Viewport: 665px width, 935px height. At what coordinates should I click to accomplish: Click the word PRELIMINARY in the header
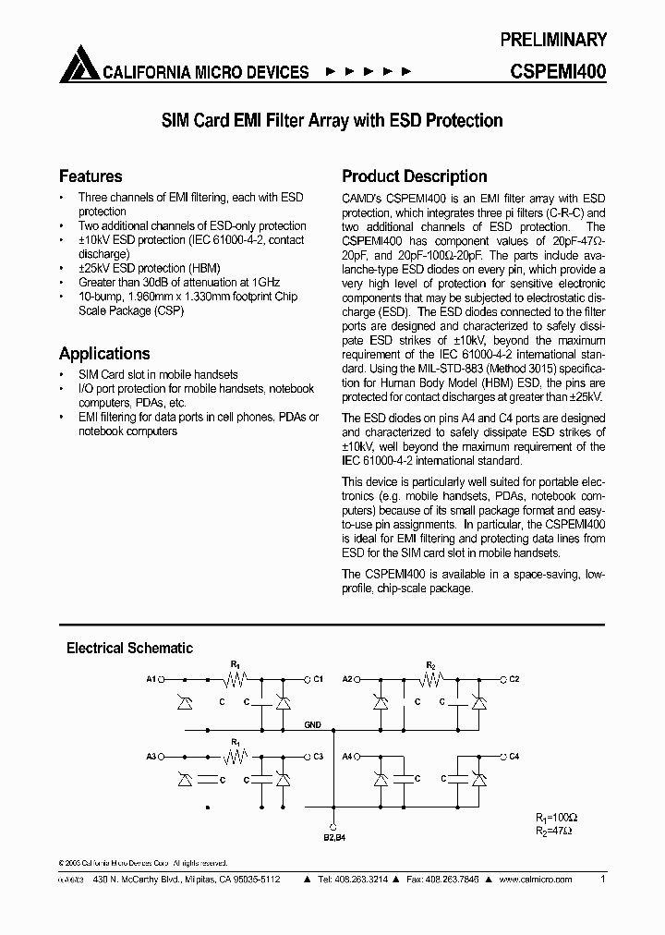tap(553, 40)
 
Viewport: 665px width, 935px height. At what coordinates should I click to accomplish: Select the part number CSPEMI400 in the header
tap(558, 71)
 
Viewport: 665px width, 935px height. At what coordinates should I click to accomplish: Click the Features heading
tap(91, 176)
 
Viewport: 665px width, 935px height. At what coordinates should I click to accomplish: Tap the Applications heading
tap(104, 354)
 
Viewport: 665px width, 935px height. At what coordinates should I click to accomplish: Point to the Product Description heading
tap(415, 176)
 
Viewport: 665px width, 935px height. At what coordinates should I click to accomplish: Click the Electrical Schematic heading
tap(129, 649)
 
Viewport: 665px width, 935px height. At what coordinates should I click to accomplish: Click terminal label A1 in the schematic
tap(151, 679)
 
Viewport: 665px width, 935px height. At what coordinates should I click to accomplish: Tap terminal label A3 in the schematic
tap(151, 756)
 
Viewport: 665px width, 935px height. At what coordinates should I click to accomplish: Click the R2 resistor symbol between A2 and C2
tap(431, 679)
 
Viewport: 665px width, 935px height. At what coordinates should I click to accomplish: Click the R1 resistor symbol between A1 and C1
tap(235, 679)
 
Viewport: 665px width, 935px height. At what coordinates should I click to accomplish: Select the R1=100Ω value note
tap(556, 818)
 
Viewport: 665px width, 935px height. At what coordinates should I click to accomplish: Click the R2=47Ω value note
tap(553, 831)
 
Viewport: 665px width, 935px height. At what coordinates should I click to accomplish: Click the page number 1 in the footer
tap(603, 880)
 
